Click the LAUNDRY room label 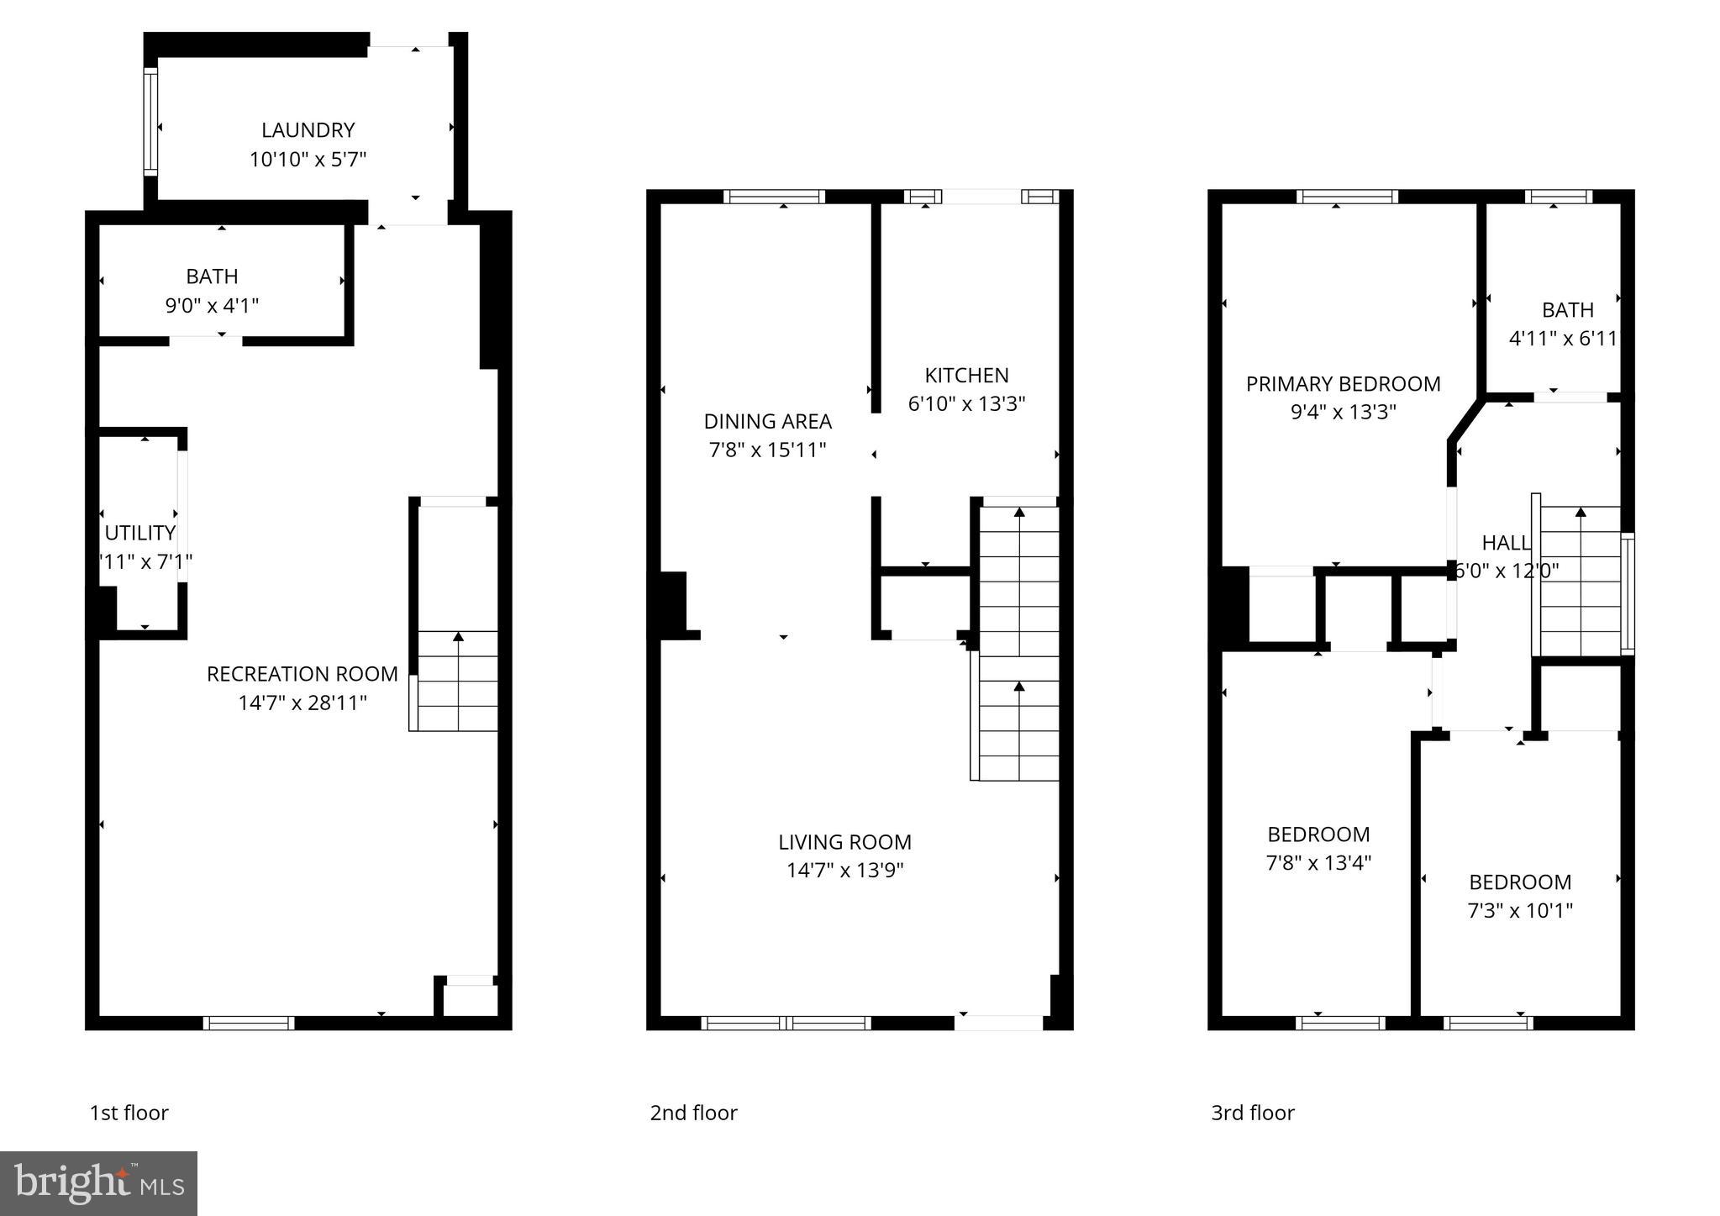[x=308, y=130]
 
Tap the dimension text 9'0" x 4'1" [x=212, y=305]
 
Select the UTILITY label [x=139, y=533]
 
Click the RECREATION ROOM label [x=302, y=674]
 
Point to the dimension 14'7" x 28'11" [x=302, y=703]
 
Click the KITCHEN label [x=966, y=375]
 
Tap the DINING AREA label [x=767, y=421]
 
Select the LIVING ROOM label [x=844, y=842]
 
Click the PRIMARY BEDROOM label [x=1343, y=384]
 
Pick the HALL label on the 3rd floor [x=1506, y=543]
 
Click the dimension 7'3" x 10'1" [x=1519, y=910]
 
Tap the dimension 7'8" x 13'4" [x=1318, y=862]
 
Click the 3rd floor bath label [x=1567, y=310]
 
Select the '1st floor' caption [x=129, y=1113]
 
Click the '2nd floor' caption [x=693, y=1113]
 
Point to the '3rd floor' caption [x=1252, y=1113]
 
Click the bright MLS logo [x=98, y=1183]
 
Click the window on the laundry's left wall [x=150, y=122]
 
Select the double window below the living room [x=786, y=1023]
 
